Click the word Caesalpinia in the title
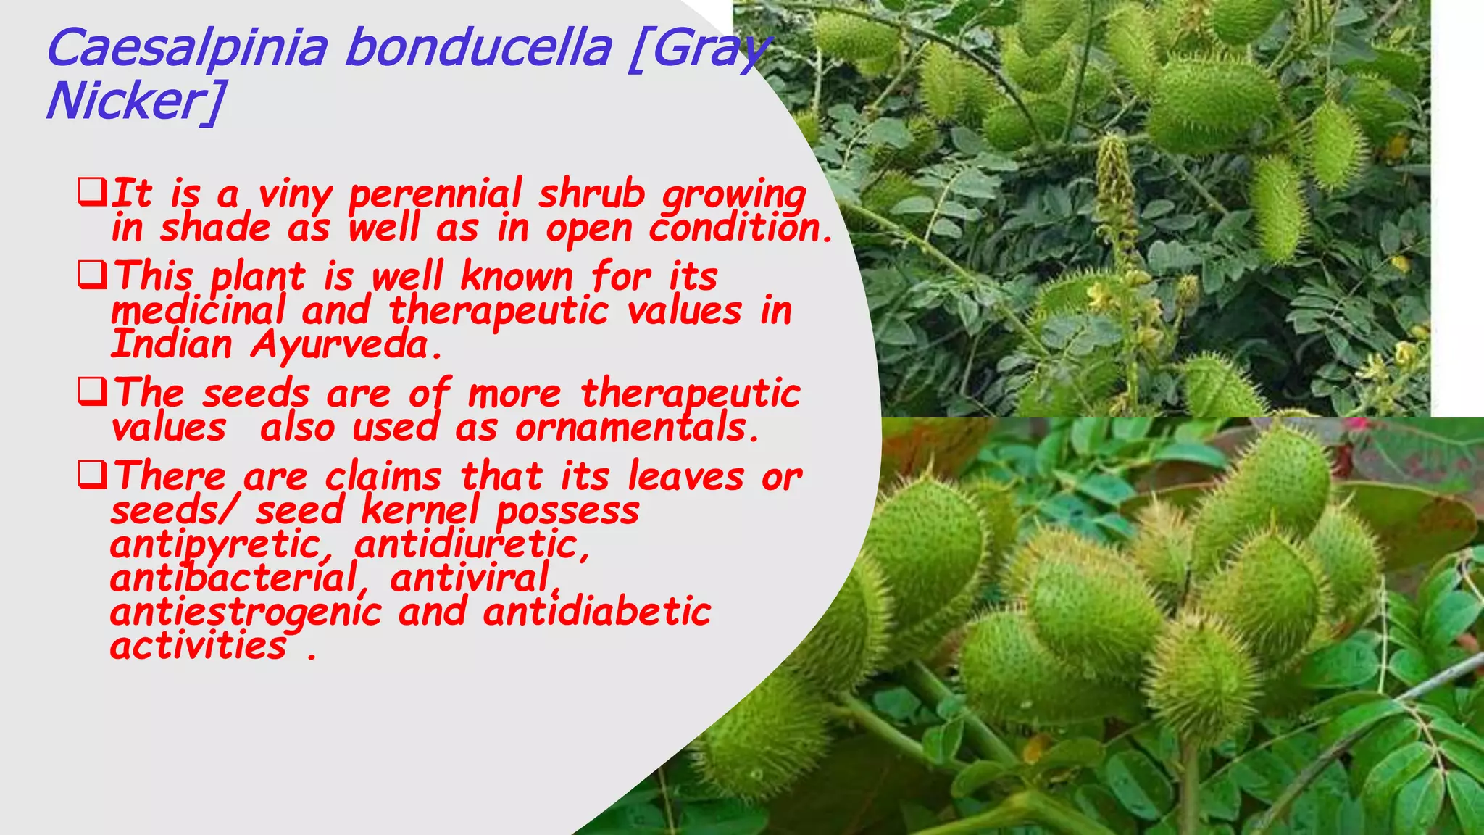tap(186, 48)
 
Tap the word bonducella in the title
tap(478, 48)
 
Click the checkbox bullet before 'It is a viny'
tap(92, 194)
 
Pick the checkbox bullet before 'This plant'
tap(92, 275)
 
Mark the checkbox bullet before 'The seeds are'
tap(92, 393)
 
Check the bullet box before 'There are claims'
tap(92, 475)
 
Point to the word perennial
tap(435, 195)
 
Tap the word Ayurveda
tap(346, 345)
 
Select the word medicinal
tap(198, 311)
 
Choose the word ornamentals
tap(637, 428)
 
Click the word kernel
tap(420, 510)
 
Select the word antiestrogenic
tap(246, 612)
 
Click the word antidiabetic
tap(597, 611)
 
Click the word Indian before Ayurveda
tap(172, 344)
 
